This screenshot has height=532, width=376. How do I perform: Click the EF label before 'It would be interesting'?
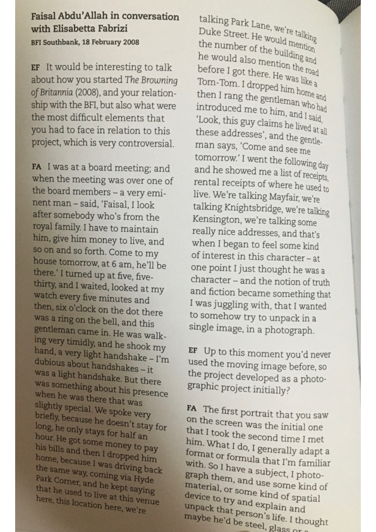point(35,68)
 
